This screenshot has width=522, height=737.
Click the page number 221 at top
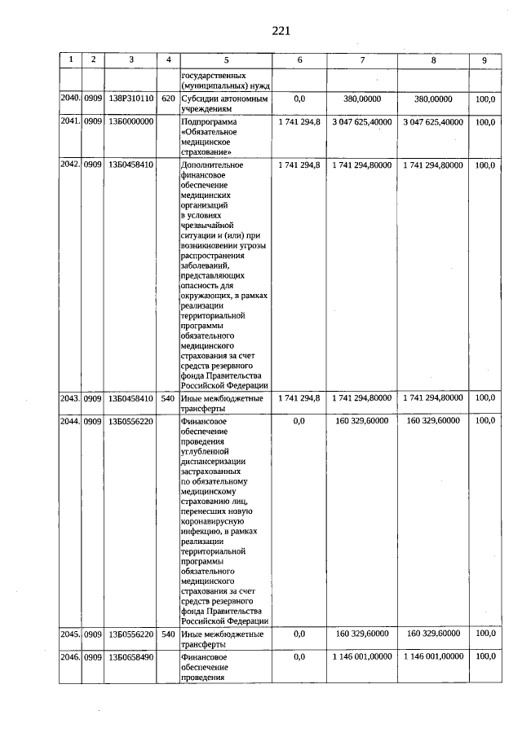pyautogui.click(x=281, y=31)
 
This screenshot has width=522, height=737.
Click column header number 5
pyautogui.click(x=227, y=59)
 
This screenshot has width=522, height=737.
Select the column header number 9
pyautogui.click(x=484, y=59)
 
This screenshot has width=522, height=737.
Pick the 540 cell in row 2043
pyautogui.click(x=168, y=398)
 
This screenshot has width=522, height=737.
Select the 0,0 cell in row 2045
pyautogui.click(x=299, y=633)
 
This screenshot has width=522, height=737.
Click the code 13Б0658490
pyautogui.click(x=131, y=656)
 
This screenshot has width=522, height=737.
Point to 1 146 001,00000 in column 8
pyautogui.click(x=432, y=656)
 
